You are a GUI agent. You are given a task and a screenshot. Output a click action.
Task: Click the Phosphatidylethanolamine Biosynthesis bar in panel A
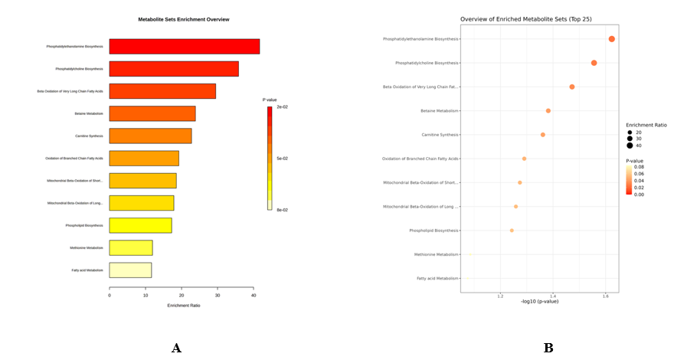[184, 46]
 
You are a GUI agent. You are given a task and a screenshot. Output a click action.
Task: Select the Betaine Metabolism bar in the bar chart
[152, 113]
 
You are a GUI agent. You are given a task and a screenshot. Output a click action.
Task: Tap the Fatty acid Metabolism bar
[130, 270]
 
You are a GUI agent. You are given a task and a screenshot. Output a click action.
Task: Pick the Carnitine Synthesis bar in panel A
[150, 136]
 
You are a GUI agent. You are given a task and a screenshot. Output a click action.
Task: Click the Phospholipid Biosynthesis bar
[140, 225]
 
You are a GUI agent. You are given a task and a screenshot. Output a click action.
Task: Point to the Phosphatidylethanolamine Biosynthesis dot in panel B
[611, 39]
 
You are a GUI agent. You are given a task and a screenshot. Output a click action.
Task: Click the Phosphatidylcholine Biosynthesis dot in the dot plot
[594, 63]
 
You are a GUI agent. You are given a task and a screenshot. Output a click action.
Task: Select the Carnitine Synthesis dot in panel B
[543, 135]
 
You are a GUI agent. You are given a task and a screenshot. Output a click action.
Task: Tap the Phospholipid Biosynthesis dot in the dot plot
[512, 231]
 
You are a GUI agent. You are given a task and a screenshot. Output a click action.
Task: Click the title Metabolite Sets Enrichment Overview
[183, 19]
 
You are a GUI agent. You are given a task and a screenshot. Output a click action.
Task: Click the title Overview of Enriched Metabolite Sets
[525, 19]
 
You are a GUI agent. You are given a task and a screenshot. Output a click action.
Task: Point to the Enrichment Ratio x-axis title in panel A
[183, 306]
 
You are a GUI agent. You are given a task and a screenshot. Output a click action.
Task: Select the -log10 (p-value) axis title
[538, 301]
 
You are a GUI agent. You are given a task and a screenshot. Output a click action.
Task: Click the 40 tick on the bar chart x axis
[254, 296]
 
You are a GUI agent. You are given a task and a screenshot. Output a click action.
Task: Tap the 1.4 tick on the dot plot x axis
[552, 295]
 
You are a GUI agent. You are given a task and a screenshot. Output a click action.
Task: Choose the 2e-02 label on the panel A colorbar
[283, 107]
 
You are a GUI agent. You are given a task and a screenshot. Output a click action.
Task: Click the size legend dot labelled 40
[630, 146]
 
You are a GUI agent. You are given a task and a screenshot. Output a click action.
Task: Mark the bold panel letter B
[548, 348]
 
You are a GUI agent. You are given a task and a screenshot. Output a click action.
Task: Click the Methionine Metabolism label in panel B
[436, 254]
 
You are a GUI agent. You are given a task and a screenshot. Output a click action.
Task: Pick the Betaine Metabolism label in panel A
[88, 113]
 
